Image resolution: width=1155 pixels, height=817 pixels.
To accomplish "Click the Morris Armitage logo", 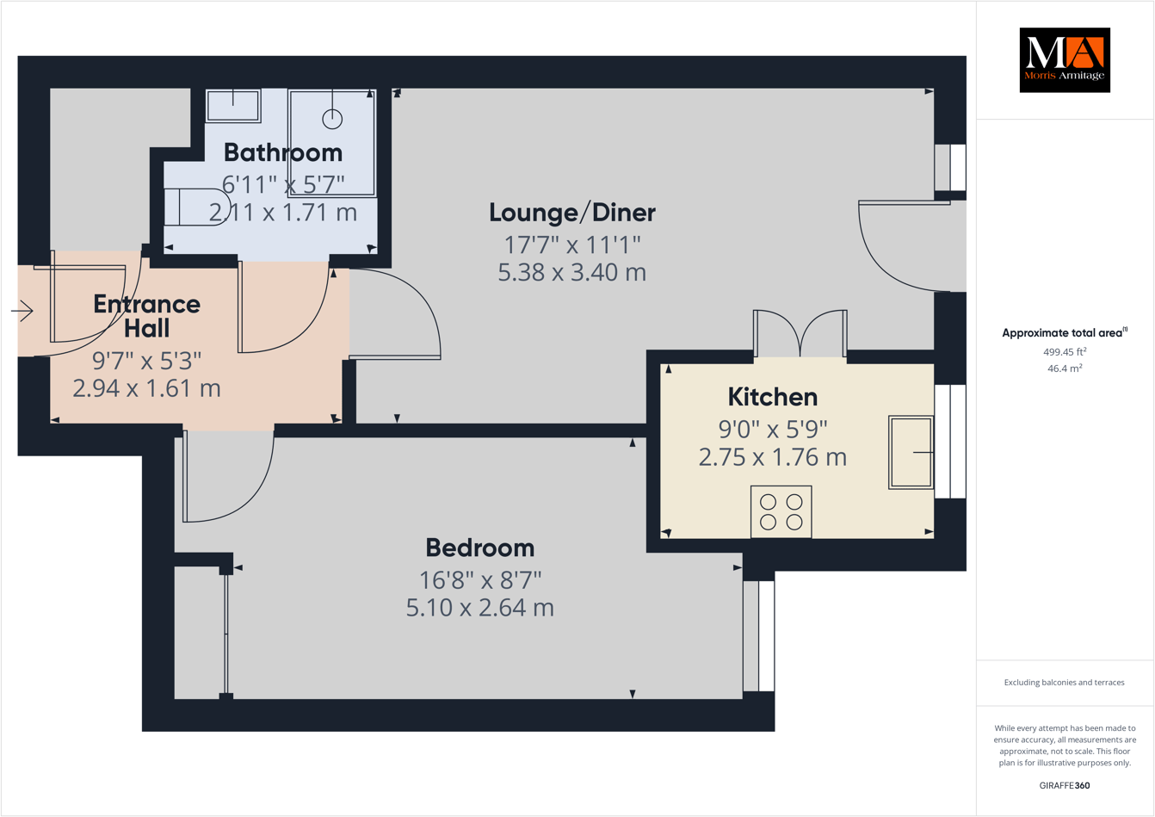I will click(1065, 60).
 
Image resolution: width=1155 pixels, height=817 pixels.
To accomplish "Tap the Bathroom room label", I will click(283, 152).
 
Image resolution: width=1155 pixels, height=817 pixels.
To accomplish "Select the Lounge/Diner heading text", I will click(572, 212).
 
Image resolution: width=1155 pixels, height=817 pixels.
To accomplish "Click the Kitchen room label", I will click(773, 397).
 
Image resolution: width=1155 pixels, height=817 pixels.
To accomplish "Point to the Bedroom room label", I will click(479, 548).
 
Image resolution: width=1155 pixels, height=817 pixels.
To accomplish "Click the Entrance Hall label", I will click(146, 316).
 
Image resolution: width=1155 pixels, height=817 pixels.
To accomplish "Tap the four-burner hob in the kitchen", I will click(781, 511).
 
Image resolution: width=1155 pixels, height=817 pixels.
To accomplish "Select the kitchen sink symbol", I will click(911, 452).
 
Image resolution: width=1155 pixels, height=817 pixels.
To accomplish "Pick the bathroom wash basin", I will click(233, 106).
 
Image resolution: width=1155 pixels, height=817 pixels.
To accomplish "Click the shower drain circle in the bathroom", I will click(332, 119).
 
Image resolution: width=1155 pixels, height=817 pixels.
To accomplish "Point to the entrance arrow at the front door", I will click(22, 311).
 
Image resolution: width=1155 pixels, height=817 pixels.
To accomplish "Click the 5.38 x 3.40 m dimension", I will click(572, 273).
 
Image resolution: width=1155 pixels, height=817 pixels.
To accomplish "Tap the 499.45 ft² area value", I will click(1065, 351).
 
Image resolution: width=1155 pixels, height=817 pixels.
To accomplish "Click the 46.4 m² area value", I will click(1065, 368).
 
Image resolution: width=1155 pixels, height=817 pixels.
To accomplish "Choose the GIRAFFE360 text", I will click(1065, 785).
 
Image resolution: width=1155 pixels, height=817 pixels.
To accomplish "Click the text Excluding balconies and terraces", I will click(1065, 683).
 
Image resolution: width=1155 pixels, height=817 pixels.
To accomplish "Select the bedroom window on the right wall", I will click(758, 636).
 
